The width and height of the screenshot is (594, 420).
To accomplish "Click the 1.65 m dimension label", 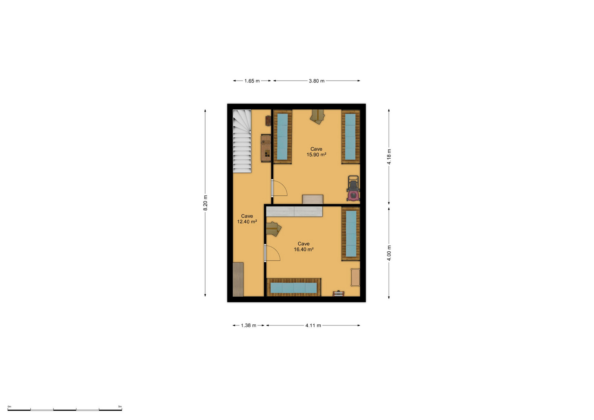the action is (x=252, y=81).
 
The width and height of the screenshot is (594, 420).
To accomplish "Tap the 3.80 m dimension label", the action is (x=316, y=81).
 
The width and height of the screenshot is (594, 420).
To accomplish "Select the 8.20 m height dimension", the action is (x=205, y=203).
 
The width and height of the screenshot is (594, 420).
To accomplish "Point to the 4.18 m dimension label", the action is (x=389, y=157).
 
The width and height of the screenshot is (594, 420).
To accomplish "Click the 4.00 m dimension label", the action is (x=389, y=253).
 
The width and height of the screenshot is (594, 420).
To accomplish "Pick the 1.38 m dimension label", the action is (x=248, y=325).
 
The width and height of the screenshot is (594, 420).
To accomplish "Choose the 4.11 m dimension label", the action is (x=313, y=325).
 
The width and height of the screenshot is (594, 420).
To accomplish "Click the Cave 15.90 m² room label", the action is (x=316, y=152).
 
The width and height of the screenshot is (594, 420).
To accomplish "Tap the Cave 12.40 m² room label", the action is (x=247, y=219).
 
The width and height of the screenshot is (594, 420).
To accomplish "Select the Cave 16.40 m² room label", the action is (x=304, y=246).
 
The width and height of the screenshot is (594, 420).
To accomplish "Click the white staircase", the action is (x=242, y=141).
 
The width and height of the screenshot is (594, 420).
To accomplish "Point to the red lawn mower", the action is (x=353, y=188).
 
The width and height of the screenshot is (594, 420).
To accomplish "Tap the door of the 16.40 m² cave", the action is (x=272, y=253).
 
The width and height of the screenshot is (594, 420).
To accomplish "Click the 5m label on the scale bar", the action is (x=120, y=407).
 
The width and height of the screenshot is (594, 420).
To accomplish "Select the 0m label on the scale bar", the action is (x=9, y=407).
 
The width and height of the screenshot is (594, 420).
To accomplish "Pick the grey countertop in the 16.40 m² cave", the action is (x=294, y=211).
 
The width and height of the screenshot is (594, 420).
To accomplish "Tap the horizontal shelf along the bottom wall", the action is (x=294, y=287).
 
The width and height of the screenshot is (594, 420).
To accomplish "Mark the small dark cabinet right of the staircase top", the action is (x=268, y=121).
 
